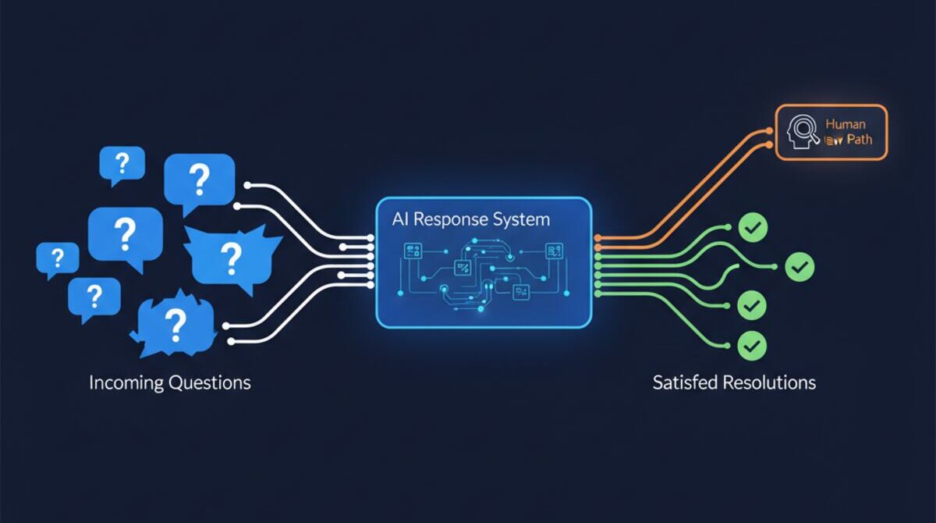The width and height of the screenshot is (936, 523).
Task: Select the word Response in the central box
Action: coord(455,220)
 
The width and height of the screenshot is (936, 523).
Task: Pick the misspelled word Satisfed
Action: coord(684,382)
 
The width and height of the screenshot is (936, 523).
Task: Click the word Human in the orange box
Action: coord(845,124)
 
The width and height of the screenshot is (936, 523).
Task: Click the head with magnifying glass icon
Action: coord(804,133)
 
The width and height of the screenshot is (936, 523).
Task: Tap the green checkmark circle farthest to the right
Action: coord(799,267)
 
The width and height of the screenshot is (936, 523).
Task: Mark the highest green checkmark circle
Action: coord(753,228)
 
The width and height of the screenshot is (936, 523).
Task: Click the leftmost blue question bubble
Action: coord(57,258)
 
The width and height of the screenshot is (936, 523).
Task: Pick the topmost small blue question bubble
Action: coord(122,165)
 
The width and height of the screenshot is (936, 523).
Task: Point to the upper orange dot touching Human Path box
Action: coord(770,132)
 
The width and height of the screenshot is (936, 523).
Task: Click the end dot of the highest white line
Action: coord(247,186)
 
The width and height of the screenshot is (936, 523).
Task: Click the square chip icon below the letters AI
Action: coord(411,250)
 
